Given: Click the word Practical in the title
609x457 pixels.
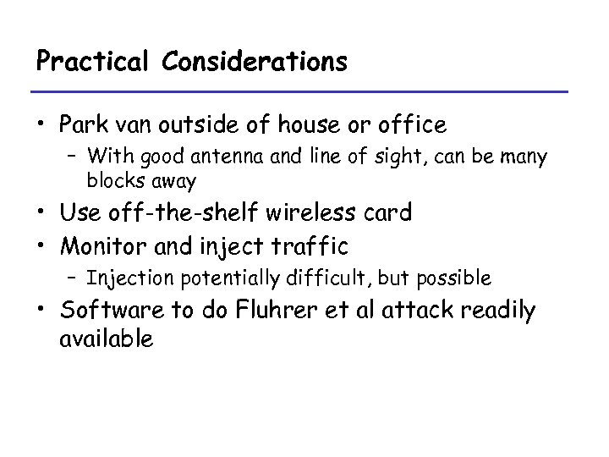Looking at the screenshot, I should pyautogui.click(x=90, y=62).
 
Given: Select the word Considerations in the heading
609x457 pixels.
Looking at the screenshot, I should pyautogui.click(x=250, y=62).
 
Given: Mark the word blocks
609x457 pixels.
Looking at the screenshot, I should pyautogui.click(x=113, y=179).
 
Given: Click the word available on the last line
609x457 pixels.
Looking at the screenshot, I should pyautogui.click(x=107, y=339).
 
